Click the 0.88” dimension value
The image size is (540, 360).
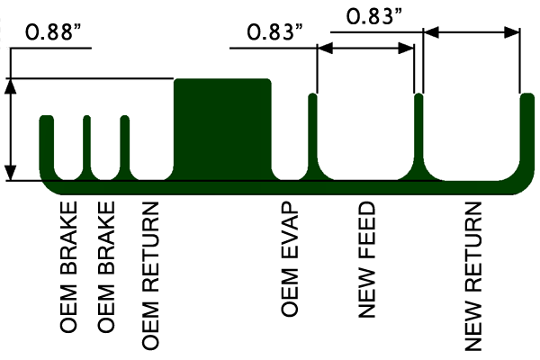pos(53,31)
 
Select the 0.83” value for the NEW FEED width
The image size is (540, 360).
pos(274,31)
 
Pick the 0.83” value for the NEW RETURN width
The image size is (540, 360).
pos(374,16)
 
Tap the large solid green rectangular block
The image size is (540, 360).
pos(222,130)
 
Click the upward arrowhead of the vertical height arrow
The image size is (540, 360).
pos(11,86)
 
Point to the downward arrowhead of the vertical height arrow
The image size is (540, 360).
pos(11,173)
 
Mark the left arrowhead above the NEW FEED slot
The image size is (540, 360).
pos(325,49)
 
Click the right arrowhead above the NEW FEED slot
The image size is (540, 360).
pos(406,49)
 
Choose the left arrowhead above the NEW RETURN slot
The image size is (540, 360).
pos(431,32)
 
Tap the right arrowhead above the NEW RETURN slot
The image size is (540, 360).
pos(512,32)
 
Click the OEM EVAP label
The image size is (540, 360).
pos(289,258)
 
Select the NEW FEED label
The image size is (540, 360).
pos(366,259)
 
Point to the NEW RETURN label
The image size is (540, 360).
pos(472,276)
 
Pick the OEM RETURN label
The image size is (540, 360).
pos(150,275)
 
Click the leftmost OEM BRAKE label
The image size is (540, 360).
pos(68,267)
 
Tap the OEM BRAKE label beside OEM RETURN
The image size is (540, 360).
pos(105,267)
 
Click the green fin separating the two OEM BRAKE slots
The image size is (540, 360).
pos(86,145)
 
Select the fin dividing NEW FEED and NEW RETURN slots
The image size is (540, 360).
pos(418,134)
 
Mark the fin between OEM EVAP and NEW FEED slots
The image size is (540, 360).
pos(312,134)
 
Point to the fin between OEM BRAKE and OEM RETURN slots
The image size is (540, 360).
pos(125,145)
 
